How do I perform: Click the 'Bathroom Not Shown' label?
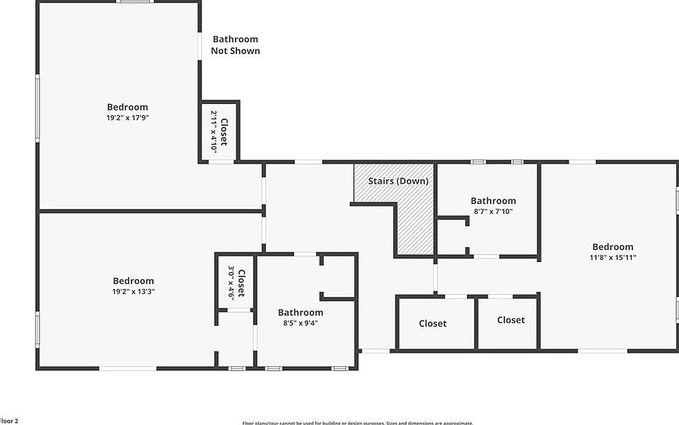click(235, 45)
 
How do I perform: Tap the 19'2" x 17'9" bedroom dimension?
click(127, 117)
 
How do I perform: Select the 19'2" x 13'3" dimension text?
click(133, 291)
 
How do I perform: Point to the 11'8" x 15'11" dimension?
click(612, 257)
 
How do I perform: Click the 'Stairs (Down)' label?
click(398, 180)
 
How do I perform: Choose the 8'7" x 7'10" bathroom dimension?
click(493, 211)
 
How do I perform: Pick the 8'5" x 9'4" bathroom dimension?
click(300, 322)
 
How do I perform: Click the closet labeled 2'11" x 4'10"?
click(219, 132)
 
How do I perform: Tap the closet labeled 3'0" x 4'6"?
click(236, 283)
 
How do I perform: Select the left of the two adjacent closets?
click(433, 323)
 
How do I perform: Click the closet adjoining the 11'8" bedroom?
click(510, 319)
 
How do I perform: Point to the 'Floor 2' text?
click(9, 421)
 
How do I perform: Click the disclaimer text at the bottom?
click(357, 423)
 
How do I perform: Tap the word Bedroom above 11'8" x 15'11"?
click(612, 247)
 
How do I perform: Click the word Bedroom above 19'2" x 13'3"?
click(133, 281)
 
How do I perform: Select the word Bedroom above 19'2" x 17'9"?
click(127, 107)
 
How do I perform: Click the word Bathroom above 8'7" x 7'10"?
click(493, 201)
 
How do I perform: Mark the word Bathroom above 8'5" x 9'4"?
click(300, 312)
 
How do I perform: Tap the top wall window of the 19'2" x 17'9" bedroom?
click(135, 1)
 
